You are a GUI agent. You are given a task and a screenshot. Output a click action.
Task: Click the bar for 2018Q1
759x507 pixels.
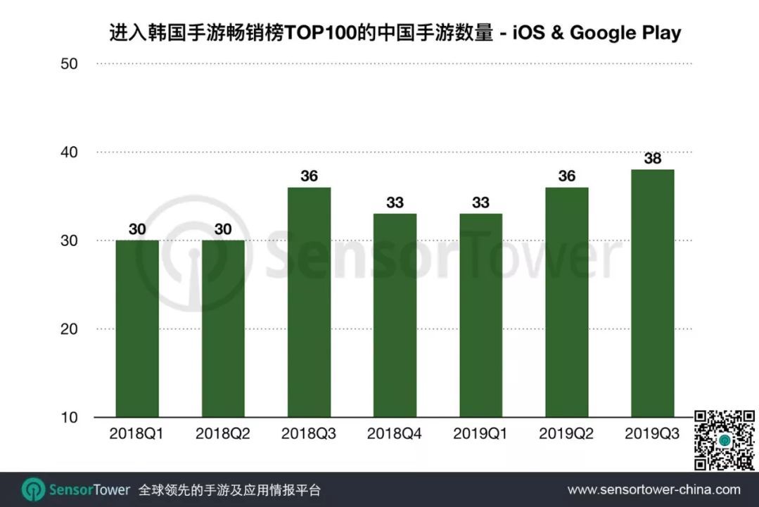click(137, 328)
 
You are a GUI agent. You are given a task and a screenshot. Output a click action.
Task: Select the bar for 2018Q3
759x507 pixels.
click(309, 302)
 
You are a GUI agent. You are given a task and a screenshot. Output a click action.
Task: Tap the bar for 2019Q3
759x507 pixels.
click(652, 293)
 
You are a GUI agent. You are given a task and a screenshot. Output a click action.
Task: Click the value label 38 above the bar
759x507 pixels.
click(652, 158)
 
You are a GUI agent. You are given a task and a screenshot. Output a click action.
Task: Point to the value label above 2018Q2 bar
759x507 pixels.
click(223, 229)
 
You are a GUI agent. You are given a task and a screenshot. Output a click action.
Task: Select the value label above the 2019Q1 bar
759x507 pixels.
click(480, 203)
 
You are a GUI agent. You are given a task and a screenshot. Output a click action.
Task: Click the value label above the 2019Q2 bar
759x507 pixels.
click(566, 176)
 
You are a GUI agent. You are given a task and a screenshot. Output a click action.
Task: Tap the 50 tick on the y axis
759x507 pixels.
click(68, 64)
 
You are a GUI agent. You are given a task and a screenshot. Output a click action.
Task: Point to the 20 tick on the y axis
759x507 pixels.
click(68, 329)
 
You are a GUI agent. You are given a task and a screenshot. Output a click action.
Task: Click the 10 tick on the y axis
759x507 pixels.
click(68, 418)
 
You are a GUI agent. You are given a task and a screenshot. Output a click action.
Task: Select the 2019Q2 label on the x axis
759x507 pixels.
click(566, 434)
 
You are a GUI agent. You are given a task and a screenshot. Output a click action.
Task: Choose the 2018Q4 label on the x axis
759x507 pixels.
click(395, 434)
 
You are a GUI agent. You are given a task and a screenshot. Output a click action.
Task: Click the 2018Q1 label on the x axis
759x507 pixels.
click(137, 434)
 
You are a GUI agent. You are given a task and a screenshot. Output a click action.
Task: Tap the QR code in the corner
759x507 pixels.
click(724, 440)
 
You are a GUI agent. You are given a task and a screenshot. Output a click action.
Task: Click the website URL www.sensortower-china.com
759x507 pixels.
click(653, 489)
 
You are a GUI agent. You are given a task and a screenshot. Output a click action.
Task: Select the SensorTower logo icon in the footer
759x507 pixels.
click(33, 489)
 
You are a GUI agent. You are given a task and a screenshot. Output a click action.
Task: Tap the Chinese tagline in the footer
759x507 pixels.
click(229, 489)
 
